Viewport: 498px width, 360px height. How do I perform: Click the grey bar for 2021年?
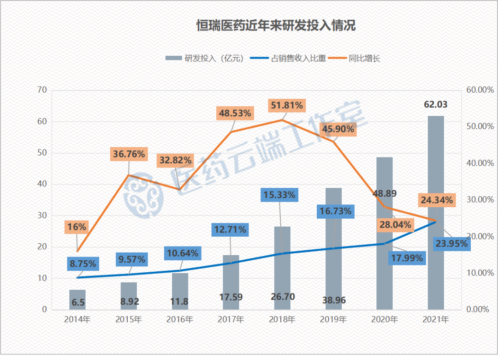point(436,212)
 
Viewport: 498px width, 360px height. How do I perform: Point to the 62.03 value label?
point(436,105)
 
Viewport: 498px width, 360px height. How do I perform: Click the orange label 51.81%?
point(286,106)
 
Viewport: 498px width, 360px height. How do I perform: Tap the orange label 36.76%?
point(129,154)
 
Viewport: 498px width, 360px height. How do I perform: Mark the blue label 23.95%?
point(451,244)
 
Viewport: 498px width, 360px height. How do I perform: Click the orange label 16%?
point(77,227)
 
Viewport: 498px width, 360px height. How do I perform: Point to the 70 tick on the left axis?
point(42,90)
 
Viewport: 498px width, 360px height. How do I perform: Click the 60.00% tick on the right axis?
point(477,90)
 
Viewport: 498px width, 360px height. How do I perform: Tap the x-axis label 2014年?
point(77,319)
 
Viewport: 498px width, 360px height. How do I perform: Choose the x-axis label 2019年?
point(333,319)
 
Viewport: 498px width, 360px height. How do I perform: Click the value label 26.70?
point(283,297)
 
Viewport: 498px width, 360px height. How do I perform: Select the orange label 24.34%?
point(437,200)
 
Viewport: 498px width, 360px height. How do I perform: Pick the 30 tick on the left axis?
point(42,216)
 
